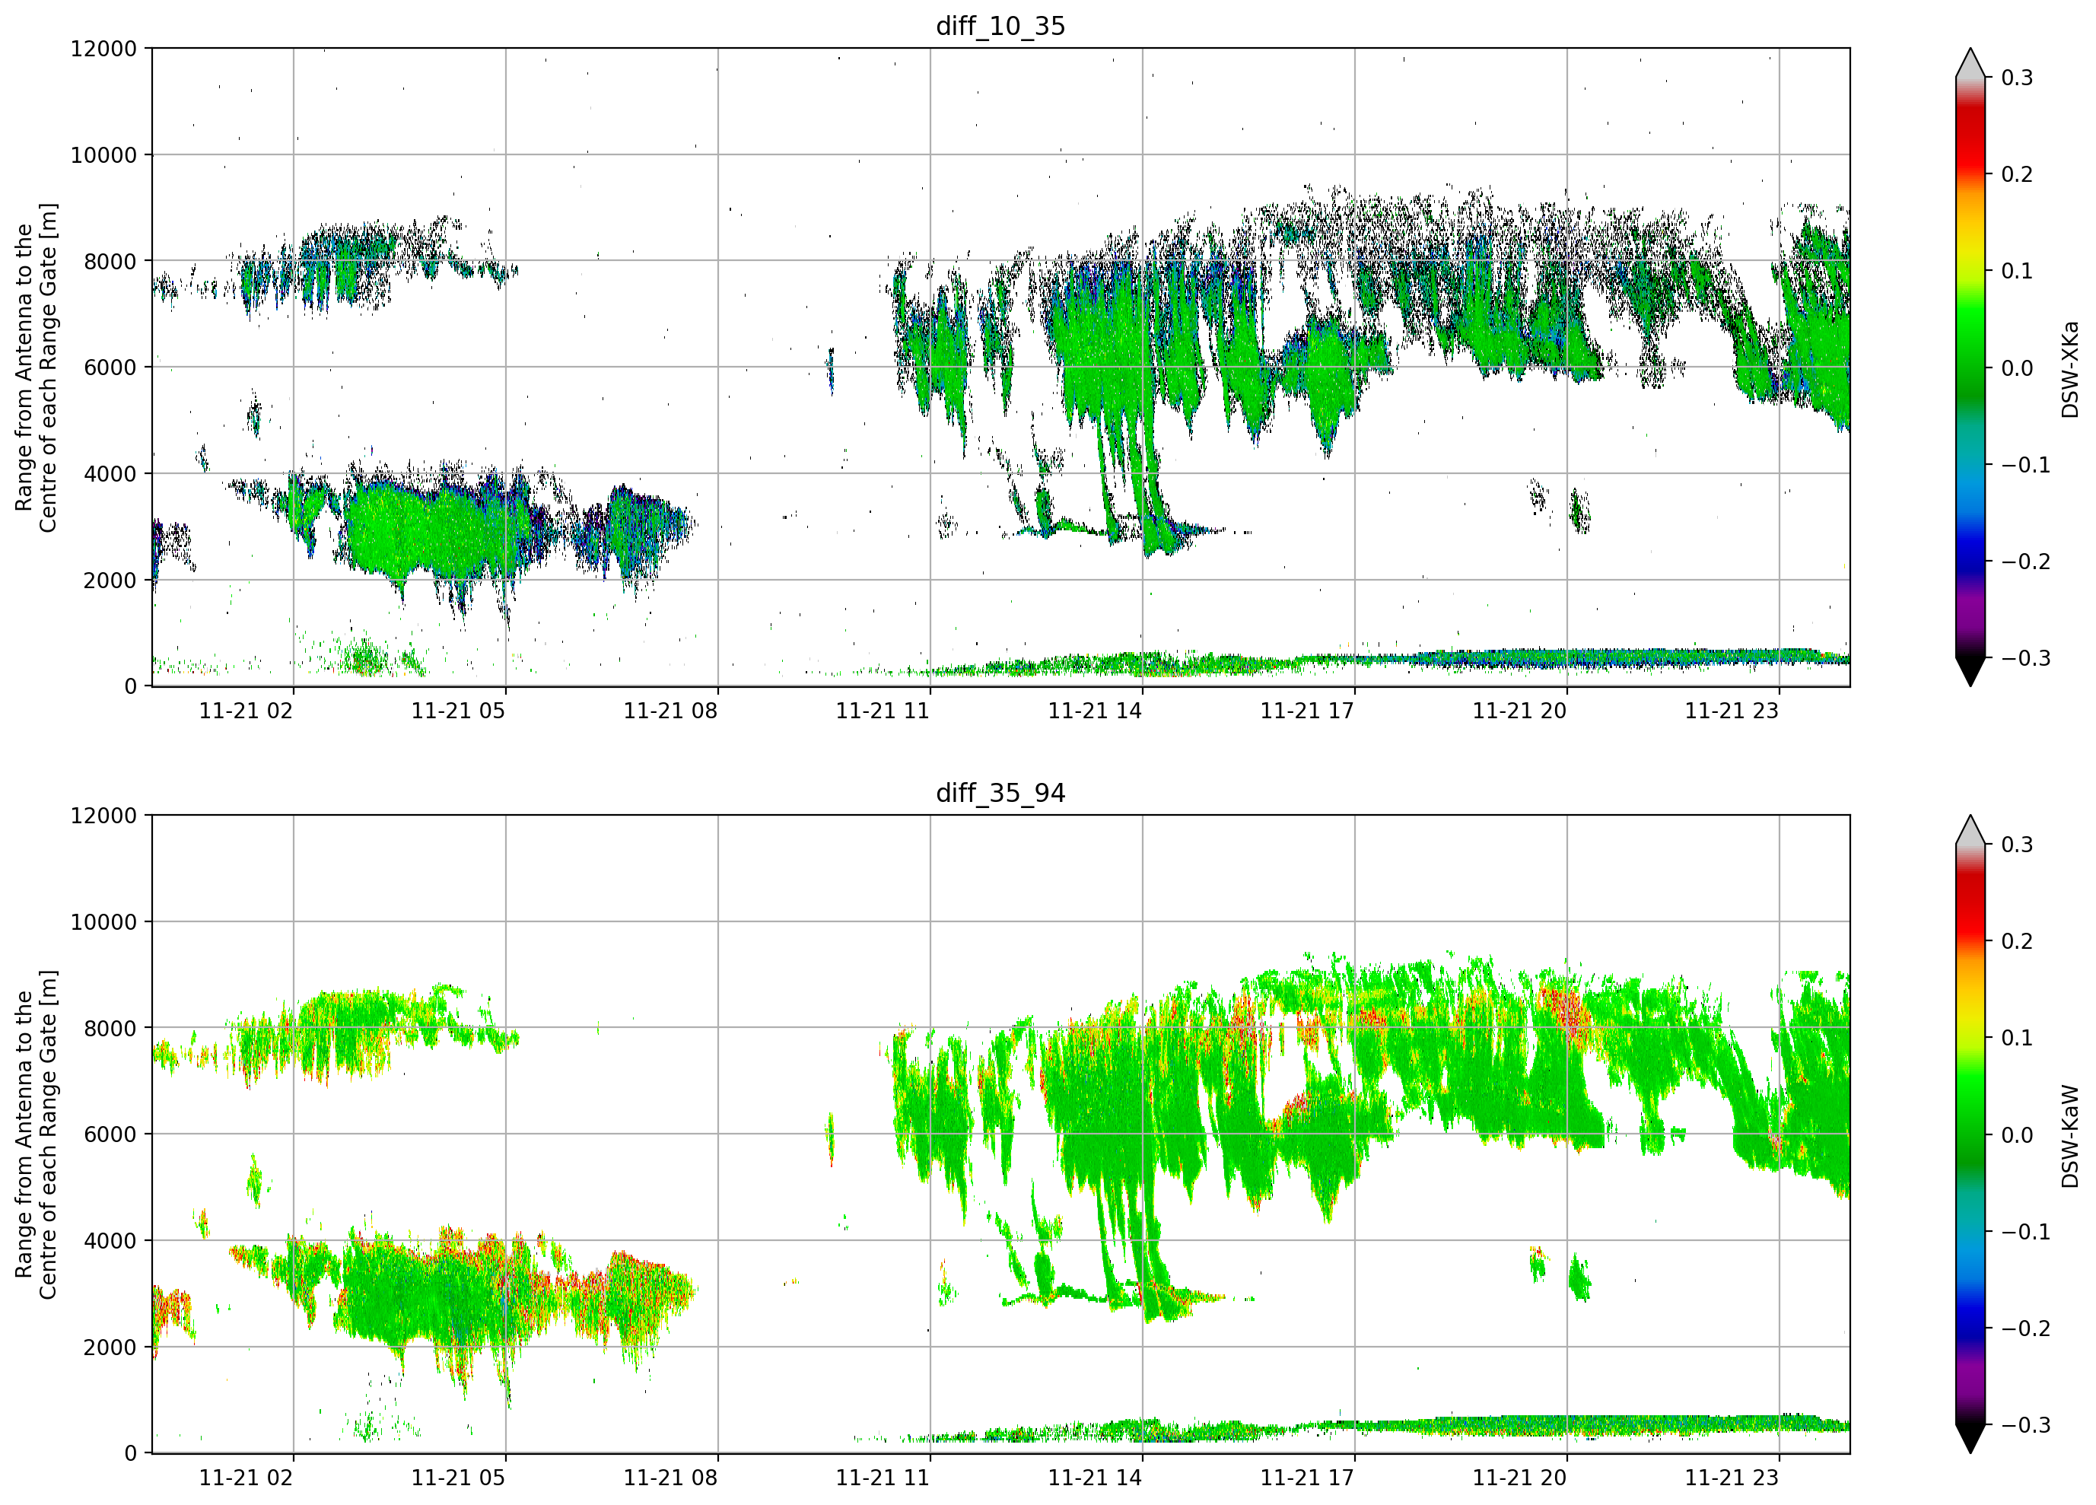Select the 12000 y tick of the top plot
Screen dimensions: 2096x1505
click(x=103, y=48)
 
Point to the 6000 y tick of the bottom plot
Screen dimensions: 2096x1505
click(x=110, y=1134)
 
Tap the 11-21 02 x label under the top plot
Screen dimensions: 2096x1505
click(x=246, y=711)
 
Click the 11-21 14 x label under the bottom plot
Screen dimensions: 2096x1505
click(x=1094, y=1478)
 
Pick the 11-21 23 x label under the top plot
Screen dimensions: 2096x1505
click(x=1731, y=711)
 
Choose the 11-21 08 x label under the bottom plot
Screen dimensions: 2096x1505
click(x=670, y=1478)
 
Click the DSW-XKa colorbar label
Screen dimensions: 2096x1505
click(x=2069, y=369)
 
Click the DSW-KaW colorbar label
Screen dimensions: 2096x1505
click(x=2069, y=1136)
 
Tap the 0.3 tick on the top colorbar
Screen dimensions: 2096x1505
click(x=2018, y=78)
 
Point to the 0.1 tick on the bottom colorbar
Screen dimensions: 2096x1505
click(x=2018, y=1038)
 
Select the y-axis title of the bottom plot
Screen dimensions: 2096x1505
click(x=36, y=1134)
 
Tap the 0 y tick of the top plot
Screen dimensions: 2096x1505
click(x=130, y=687)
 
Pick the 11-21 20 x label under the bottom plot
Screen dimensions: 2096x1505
click(x=1519, y=1478)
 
